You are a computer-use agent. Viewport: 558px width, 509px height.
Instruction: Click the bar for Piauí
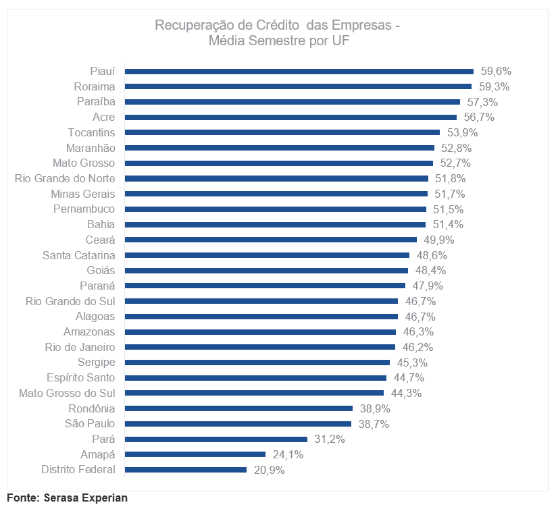click(x=299, y=71)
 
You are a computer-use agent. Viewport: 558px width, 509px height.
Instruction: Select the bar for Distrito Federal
click(x=186, y=470)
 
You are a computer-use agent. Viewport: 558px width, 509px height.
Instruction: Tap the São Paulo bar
click(x=238, y=424)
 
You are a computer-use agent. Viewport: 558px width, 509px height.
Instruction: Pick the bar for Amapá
click(x=195, y=454)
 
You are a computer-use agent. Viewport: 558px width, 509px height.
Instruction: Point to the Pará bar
click(x=216, y=439)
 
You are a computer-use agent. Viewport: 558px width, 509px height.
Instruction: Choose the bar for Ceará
click(x=271, y=240)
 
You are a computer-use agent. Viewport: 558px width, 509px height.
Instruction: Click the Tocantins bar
click(x=282, y=132)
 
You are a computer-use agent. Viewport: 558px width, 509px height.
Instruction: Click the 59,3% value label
click(x=494, y=86)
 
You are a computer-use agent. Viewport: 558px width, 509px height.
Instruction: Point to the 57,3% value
click(x=482, y=102)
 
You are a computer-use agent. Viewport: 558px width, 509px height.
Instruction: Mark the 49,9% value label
click(x=439, y=240)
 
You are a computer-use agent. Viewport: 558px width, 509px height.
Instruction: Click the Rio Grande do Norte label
click(x=65, y=178)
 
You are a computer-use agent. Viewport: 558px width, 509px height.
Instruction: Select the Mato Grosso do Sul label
click(x=67, y=393)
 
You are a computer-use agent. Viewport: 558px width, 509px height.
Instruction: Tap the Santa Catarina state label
click(x=78, y=255)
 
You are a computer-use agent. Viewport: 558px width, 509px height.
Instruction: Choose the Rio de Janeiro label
click(x=80, y=347)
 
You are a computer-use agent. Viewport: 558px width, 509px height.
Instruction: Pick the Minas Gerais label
click(x=82, y=194)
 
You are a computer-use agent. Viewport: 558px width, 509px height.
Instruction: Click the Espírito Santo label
click(x=80, y=377)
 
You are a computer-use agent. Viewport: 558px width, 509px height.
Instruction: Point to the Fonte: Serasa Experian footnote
click(x=67, y=498)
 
